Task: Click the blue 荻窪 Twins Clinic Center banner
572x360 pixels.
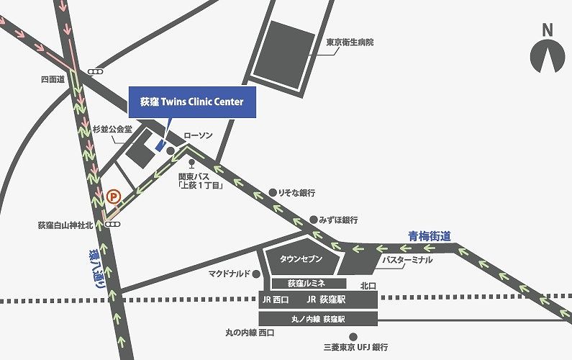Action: click(191, 102)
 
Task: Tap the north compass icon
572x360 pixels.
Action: click(548, 54)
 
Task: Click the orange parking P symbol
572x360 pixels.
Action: click(112, 195)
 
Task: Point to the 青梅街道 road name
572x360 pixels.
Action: click(429, 235)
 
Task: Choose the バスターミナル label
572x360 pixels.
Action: click(407, 259)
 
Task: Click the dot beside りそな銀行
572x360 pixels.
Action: click(273, 192)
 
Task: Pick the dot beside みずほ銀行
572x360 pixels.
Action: click(313, 219)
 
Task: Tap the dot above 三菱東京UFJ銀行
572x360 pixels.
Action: click(353, 336)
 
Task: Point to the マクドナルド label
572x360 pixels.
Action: click(229, 274)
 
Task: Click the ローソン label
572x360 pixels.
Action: click(199, 135)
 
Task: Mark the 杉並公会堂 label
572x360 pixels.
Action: click(113, 130)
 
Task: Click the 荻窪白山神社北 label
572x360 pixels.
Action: click(65, 225)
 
